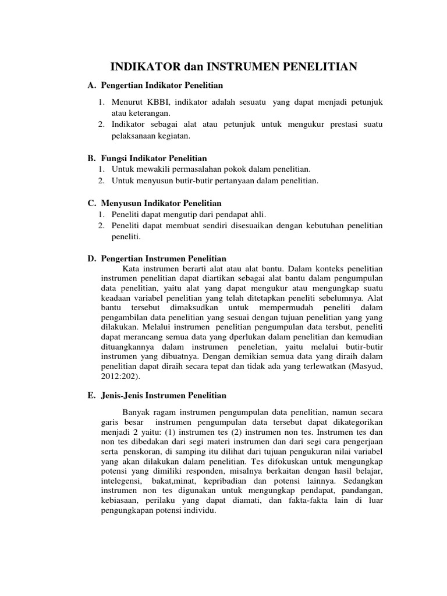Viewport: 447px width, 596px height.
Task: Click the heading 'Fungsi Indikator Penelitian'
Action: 154,158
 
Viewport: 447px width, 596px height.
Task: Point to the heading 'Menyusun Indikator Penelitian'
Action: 161,203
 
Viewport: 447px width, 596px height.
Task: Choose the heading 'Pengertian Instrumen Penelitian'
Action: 164,258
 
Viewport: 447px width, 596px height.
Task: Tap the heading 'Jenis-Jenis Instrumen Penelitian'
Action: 164,395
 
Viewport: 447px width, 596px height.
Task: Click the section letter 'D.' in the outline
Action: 91,258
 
